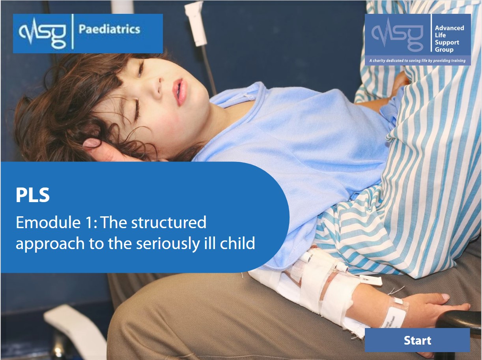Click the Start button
[x=417, y=340]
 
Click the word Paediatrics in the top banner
[x=109, y=29]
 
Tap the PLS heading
[x=33, y=195]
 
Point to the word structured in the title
[x=169, y=222]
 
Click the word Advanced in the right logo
[x=450, y=28]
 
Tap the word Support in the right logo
[x=447, y=43]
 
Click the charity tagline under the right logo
[x=417, y=60]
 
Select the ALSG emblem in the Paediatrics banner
[x=42, y=33]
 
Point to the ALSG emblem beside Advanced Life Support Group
[x=397, y=34]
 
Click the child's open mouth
[x=180, y=92]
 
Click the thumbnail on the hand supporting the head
[x=92, y=143]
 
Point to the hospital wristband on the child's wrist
[x=394, y=314]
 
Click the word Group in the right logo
[x=444, y=50]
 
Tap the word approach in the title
[x=50, y=244]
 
